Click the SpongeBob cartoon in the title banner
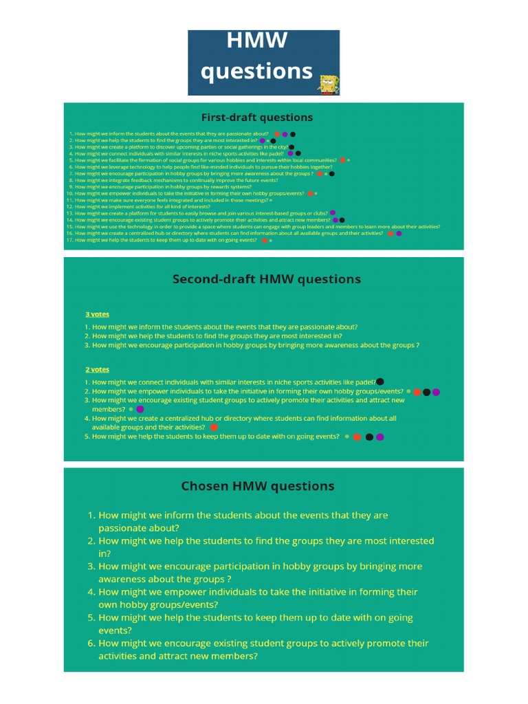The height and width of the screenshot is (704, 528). coord(329,82)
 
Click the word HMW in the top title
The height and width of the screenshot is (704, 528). coord(256,42)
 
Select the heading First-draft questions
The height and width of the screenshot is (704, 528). coord(256,117)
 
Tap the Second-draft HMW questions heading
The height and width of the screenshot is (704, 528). coord(266,278)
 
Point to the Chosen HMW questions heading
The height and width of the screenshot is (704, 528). coord(258,486)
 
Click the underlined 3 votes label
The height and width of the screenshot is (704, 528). coord(97,314)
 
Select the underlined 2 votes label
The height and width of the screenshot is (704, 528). coord(97,369)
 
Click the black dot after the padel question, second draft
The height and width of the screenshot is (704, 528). coord(380,381)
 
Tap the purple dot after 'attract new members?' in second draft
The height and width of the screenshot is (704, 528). coord(140,409)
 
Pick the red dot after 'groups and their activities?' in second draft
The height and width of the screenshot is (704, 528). coord(214,427)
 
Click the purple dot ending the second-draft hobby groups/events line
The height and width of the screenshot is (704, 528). coord(436,392)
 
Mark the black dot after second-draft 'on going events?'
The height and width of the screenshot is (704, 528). coord(369,437)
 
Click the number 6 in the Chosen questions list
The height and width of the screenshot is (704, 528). coord(91,643)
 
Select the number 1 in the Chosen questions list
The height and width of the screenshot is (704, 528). coord(91,515)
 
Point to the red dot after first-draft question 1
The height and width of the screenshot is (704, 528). coord(277,134)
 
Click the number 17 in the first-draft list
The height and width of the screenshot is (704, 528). coord(69,241)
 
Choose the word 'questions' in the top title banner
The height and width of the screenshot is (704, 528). coord(256,71)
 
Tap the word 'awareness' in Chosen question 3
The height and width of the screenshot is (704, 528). coord(122,580)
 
